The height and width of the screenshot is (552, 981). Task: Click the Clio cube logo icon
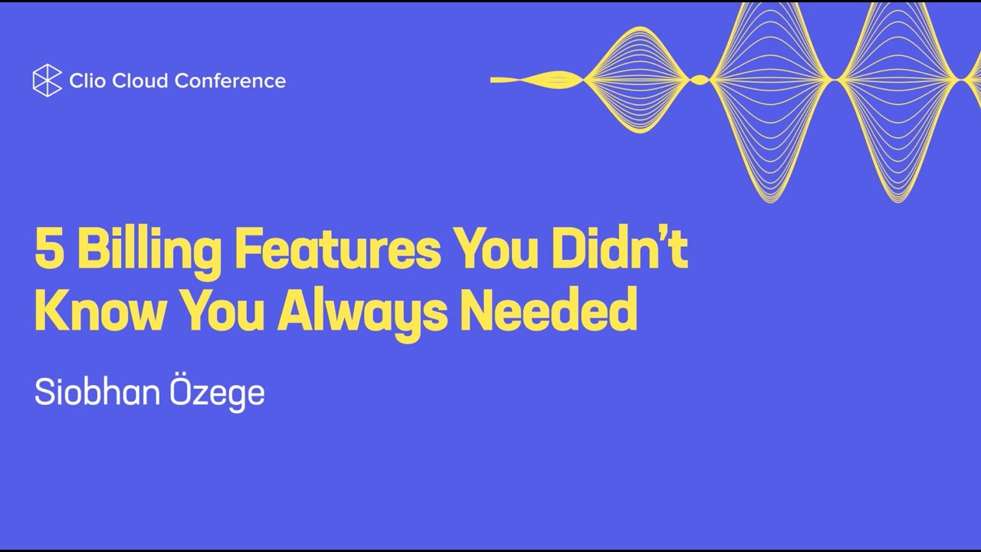point(47,80)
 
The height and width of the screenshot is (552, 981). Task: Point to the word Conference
point(232,80)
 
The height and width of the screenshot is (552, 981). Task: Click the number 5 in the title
point(49,251)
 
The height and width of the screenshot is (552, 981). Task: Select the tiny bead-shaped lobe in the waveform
point(699,80)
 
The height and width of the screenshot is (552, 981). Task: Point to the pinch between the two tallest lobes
point(835,80)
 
